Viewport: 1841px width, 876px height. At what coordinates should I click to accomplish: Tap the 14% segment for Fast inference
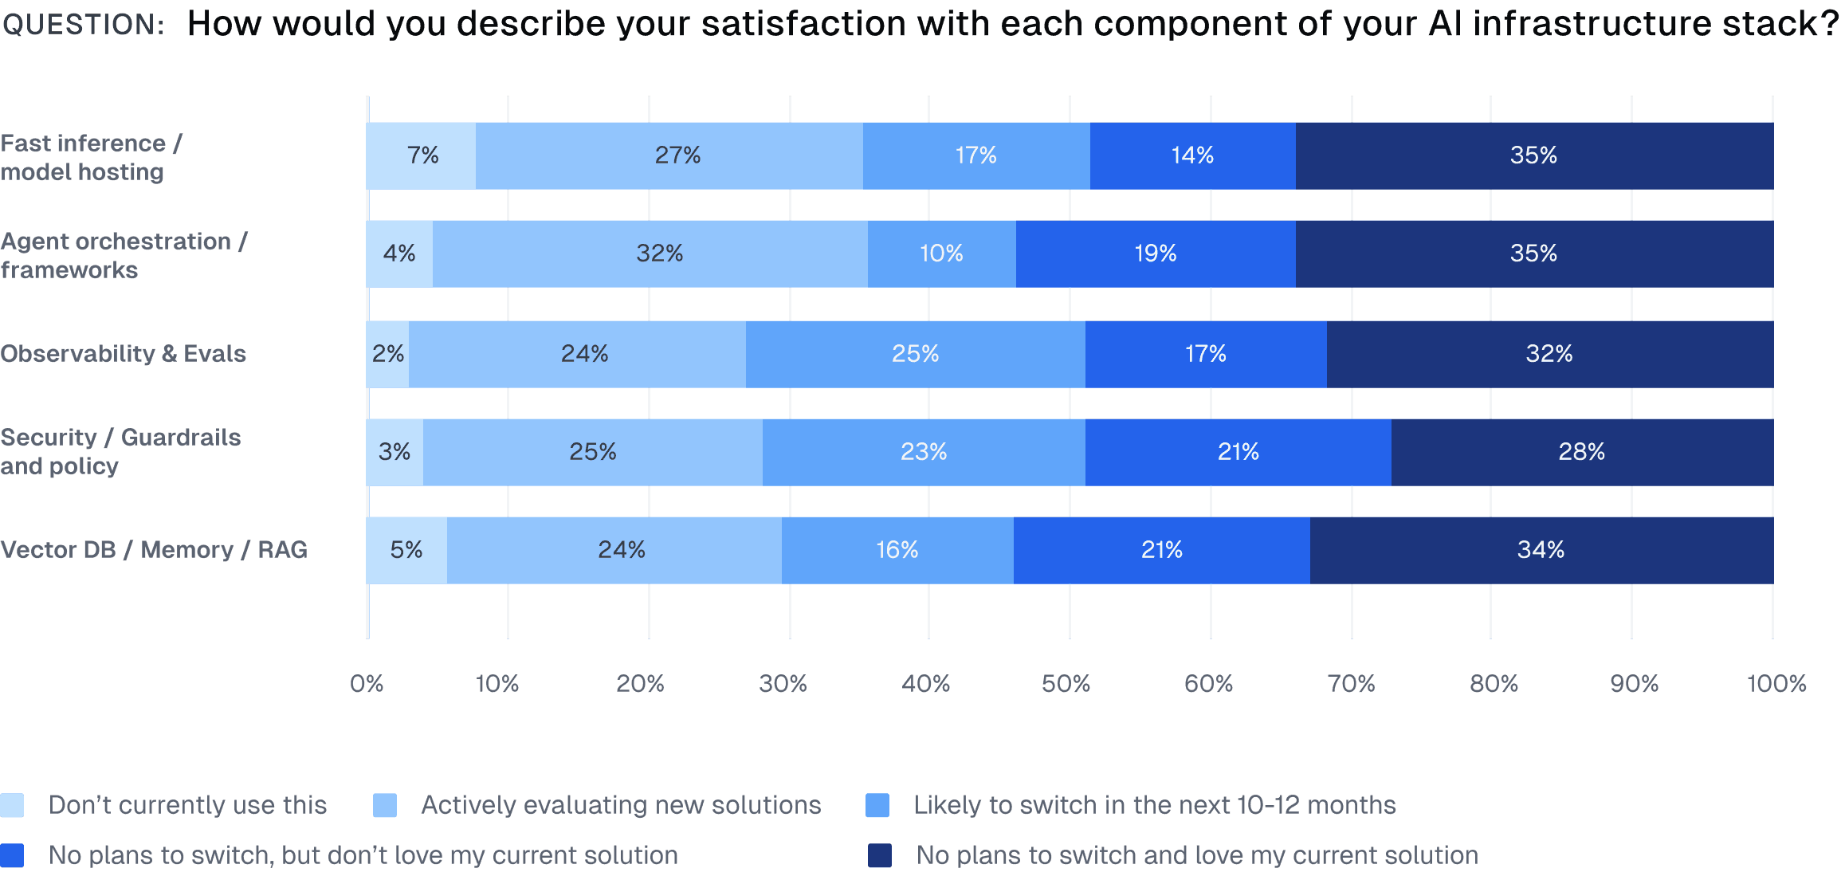tap(1192, 155)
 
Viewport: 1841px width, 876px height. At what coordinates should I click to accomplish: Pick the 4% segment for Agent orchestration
tap(399, 253)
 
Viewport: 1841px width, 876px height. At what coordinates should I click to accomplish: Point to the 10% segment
tap(941, 253)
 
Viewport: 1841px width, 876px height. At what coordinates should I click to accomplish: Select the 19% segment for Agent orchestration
tap(1155, 253)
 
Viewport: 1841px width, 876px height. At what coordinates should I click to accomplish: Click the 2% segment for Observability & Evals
tap(388, 354)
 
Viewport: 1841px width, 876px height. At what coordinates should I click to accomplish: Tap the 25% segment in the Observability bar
tap(915, 354)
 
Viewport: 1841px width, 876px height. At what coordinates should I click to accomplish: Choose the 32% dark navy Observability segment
tap(1549, 354)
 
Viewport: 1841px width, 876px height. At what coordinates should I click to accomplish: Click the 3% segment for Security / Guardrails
tap(394, 452)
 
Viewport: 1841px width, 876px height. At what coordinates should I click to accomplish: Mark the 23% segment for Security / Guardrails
tap(923, 452)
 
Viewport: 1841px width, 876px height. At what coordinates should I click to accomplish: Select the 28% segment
tap(1582, 452)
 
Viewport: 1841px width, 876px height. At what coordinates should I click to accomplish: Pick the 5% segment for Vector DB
tap(406, 550)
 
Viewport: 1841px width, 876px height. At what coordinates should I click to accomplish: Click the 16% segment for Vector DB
tap(897, 550)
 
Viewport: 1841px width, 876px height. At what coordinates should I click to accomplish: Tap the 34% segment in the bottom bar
tap(1541, 550)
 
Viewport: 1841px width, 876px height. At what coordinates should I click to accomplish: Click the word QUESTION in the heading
tap(83, 24)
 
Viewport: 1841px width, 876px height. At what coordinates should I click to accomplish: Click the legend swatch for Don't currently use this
tap(12, 805)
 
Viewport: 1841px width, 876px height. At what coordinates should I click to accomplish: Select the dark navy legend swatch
tap(879, 855)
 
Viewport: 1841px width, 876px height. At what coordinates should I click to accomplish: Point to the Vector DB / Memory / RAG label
tap(154, 550)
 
